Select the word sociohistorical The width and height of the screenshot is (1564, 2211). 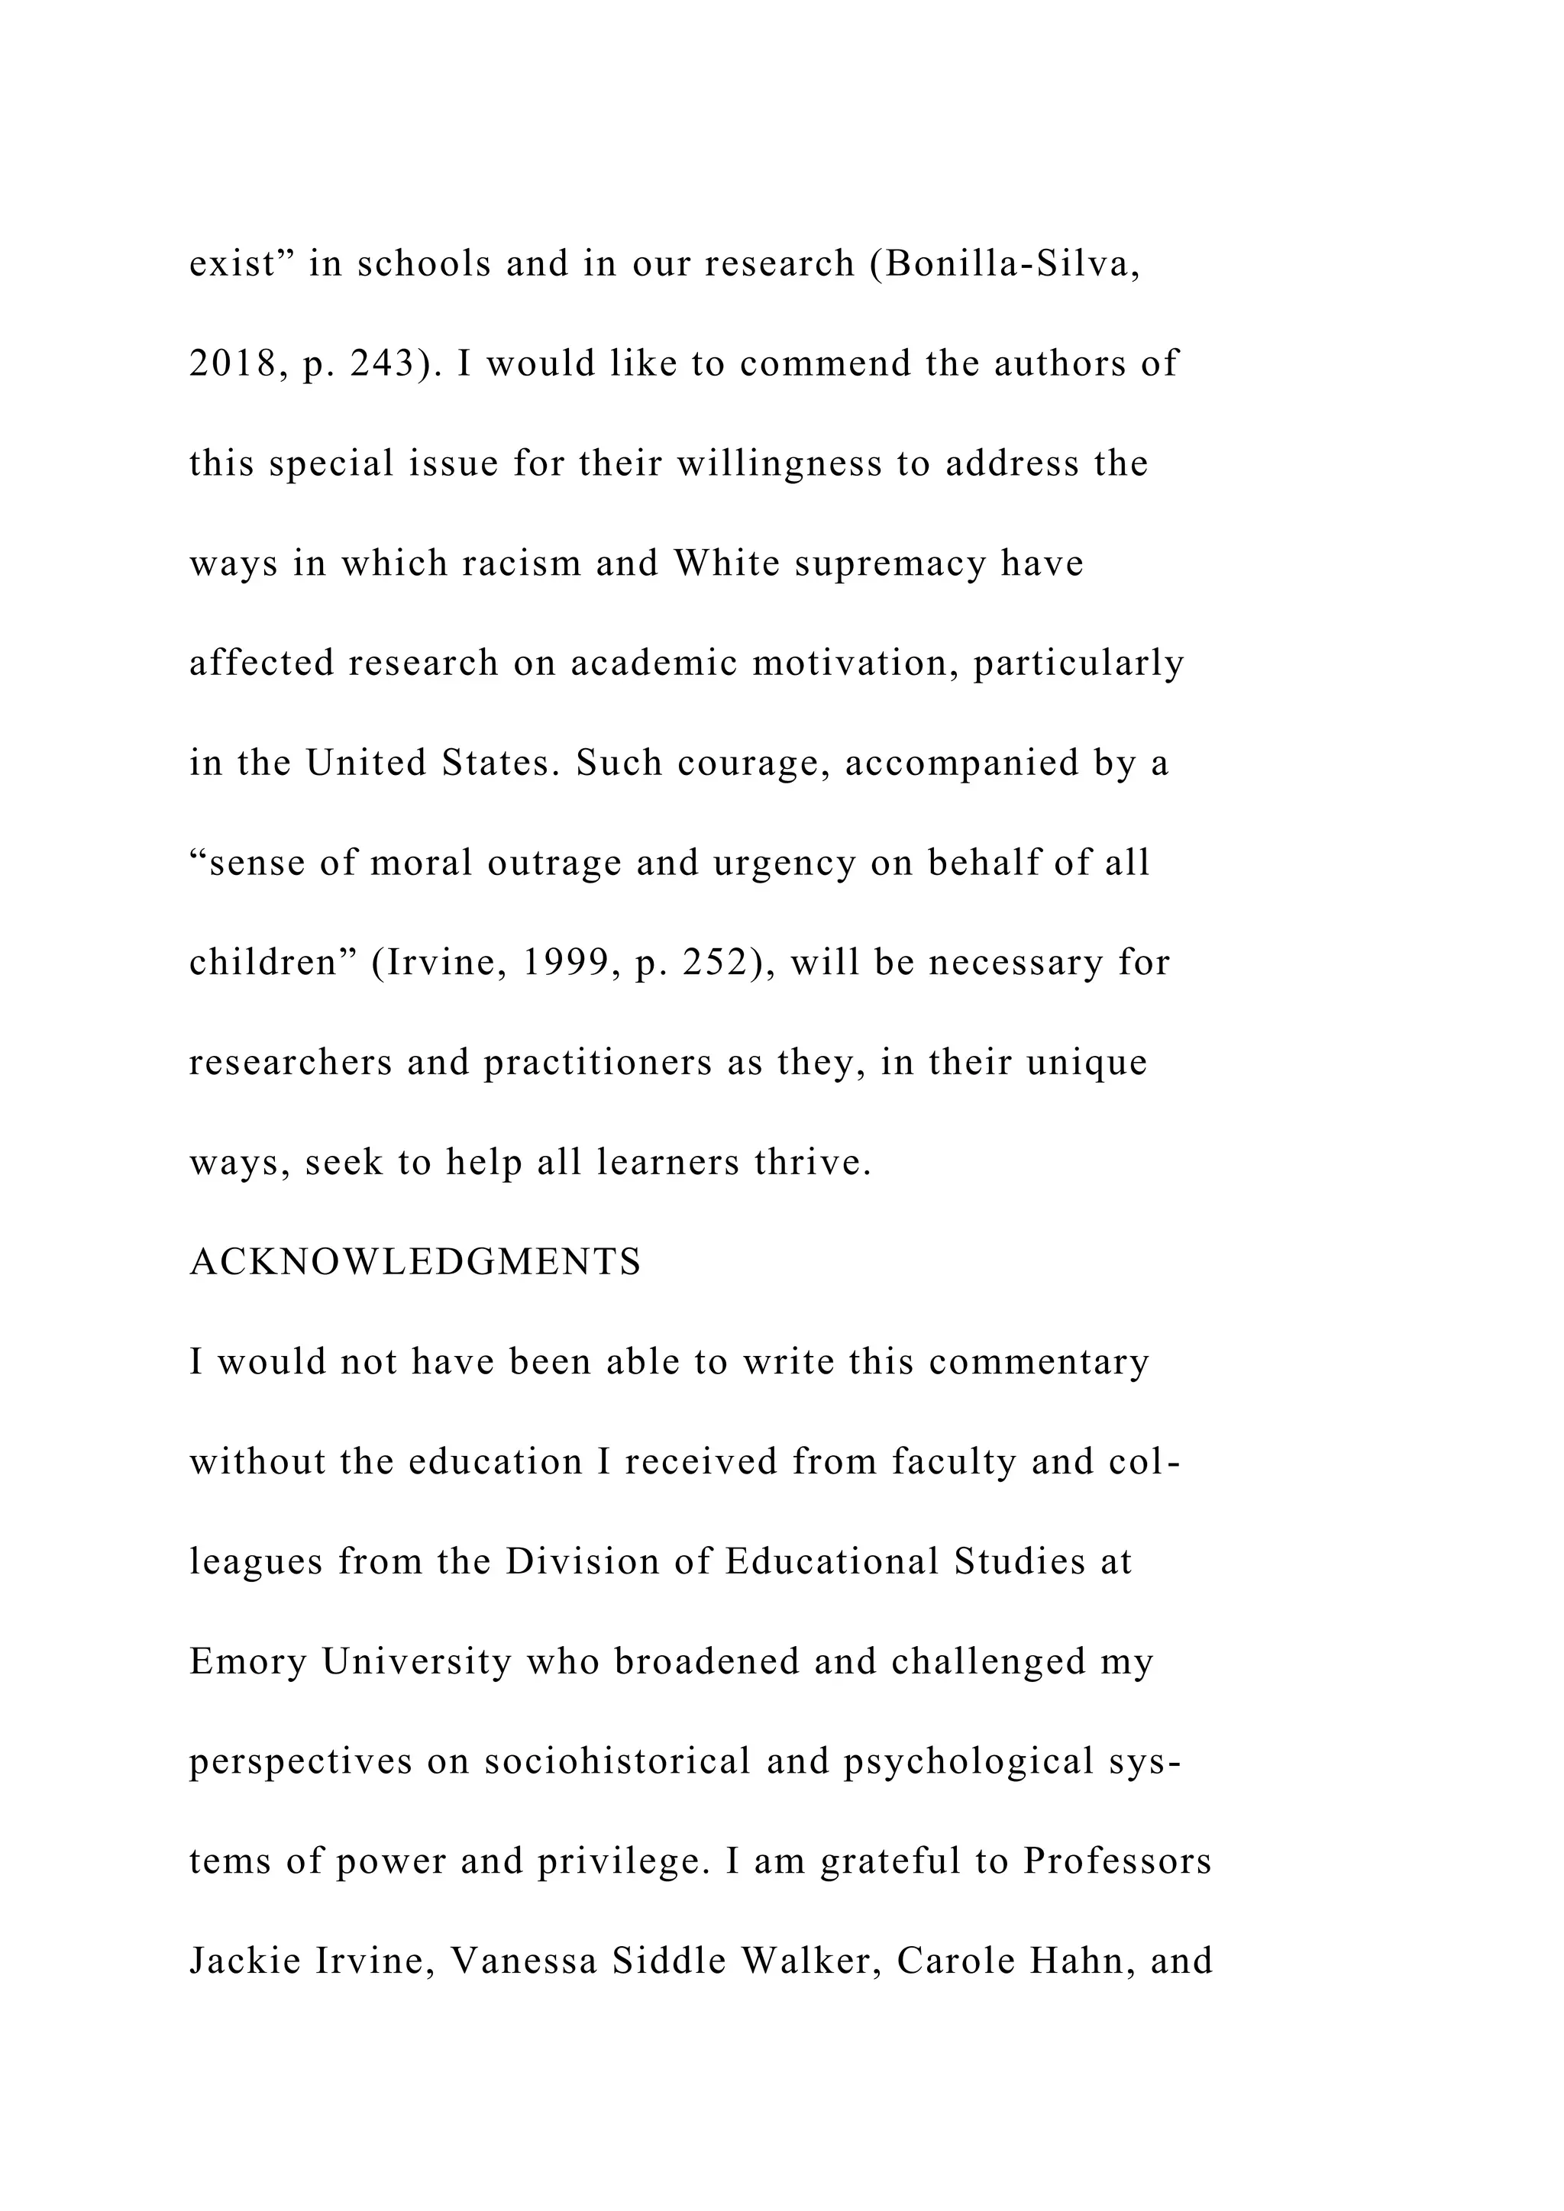[616, 1761]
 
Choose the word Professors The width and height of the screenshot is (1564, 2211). [1116, 1861]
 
